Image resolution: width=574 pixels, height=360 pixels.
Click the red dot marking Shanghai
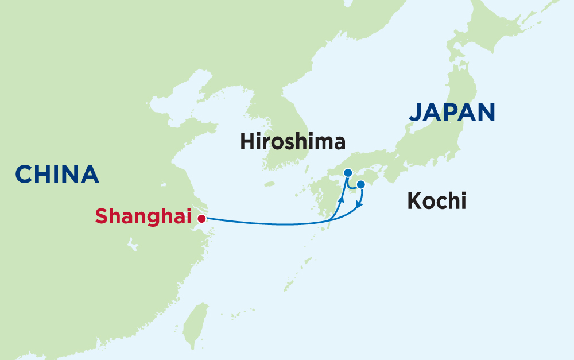click(201, 218)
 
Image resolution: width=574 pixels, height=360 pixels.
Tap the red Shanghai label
click(143, 216)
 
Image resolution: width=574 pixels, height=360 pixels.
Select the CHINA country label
click(57, 175)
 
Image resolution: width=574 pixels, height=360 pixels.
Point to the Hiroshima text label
click(293, 142)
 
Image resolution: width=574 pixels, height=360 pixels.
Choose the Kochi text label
click(436, 202)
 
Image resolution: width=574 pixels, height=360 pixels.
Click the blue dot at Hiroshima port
click(347, 172)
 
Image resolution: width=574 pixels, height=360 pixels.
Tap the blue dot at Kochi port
click(361, 184)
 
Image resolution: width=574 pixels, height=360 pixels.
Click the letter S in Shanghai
click(102, 216)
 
